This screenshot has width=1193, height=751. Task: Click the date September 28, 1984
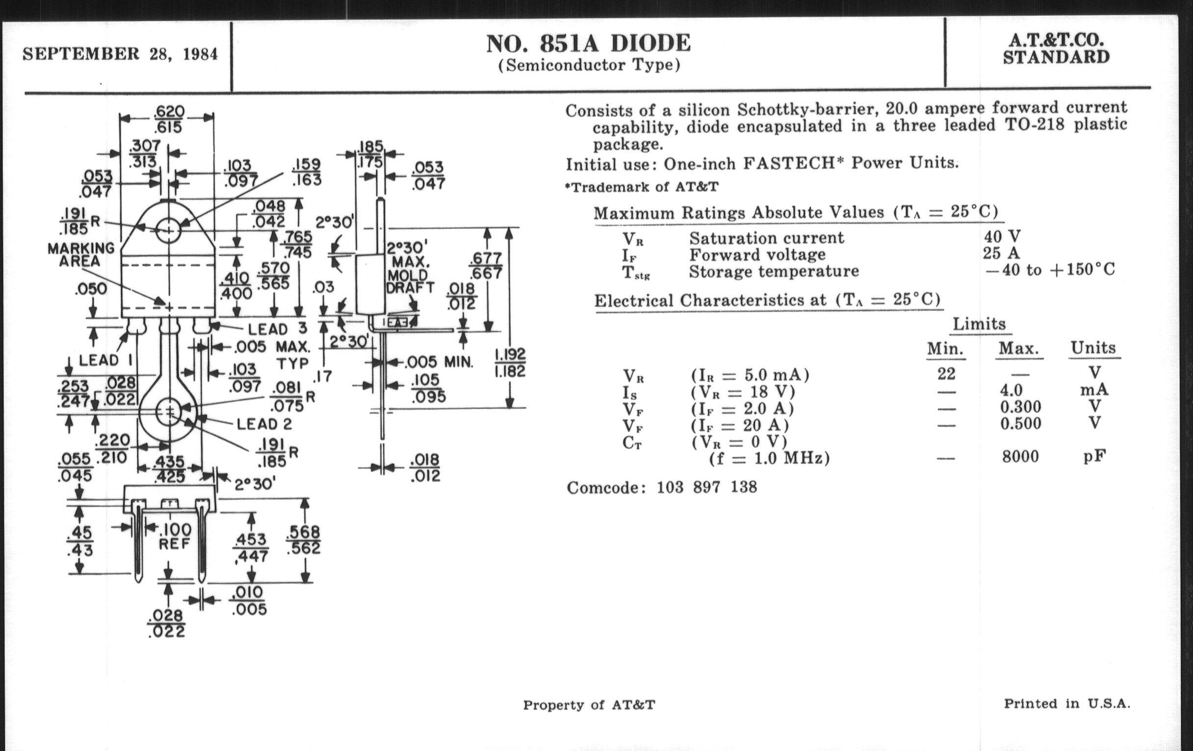[120, 54]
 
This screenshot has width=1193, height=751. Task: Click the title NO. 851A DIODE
[588, 44]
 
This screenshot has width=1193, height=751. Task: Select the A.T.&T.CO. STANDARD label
[1056, 49]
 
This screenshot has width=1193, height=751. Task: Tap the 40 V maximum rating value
[1002, 237]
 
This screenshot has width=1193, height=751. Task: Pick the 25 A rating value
[1001, 253]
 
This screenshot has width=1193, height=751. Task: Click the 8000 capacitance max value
[1020, 456]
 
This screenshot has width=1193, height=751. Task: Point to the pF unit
[1094, 456]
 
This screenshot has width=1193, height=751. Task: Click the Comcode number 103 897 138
[706, 487]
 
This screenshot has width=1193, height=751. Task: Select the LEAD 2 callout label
[264, 424]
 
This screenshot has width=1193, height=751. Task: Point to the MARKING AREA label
[81, 254]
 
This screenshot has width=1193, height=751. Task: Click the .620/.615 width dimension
[169, 119]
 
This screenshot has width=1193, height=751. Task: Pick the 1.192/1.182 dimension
[510, 363]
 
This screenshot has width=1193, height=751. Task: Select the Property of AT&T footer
[589, 704]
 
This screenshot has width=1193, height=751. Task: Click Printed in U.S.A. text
[1066, 703]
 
